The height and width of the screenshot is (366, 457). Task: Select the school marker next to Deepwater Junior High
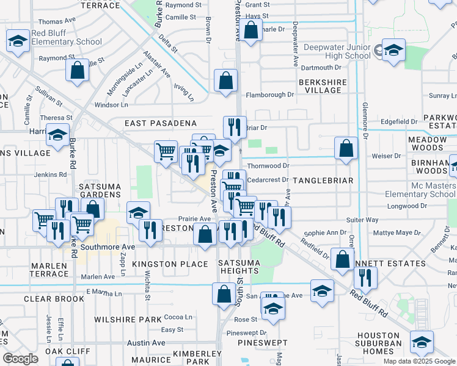click(393, 51)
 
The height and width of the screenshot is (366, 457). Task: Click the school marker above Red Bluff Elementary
click(18, 41)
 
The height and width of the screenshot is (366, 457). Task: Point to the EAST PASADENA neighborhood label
click(160, 123)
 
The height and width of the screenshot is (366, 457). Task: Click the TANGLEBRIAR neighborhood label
click(323, 181)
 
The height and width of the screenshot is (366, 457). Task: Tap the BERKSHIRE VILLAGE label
click(323, 86)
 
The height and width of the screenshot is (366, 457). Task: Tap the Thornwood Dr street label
click(268, 165)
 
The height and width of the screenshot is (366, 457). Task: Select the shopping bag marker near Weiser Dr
click(346, 148)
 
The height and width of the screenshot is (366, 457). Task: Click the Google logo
click(21, 359)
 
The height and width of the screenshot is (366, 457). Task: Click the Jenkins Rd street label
click(50, 174)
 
